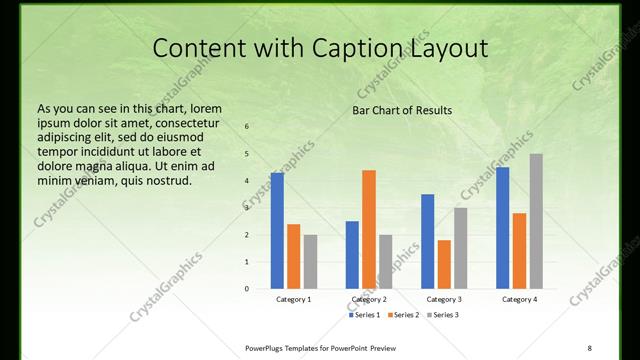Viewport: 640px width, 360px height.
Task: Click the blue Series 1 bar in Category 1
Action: pyautogui.click(x=277, y=231)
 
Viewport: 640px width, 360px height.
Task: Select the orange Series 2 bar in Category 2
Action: pyautogui.click(x=369, y=229)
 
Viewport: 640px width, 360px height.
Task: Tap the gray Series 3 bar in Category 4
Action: pyautogui.click(x=536, y=221)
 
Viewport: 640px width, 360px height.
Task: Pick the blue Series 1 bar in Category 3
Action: pyautogui.click(x=428, y=241)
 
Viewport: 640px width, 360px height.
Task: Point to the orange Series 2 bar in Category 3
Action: pyautogui.click(x=444, y=264)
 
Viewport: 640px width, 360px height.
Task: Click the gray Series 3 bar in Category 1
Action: pyautogui.click(x=310, y=262)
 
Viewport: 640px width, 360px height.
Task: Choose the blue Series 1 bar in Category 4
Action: pyautogui.click(x=503, y=228)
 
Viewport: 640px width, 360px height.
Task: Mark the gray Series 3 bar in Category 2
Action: pyautogui.click(x=385, y=262)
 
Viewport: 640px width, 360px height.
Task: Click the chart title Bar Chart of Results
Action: pyautogui.click(x=402, y=110)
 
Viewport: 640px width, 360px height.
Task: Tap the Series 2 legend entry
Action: pyautogui.click(x=403, y=316)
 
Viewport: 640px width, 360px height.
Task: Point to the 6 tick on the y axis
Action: pyautogui.click(x=248, y=127)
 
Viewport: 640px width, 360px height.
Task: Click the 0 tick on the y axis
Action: pyautogui.click(x=248, y=289)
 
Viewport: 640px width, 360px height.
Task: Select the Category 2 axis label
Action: pyautogui.click(x=369, y=299)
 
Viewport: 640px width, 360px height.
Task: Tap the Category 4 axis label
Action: pyautogui.click(x=519, y=299)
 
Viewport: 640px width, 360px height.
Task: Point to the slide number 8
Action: pyautogui.click(x=590, y=347)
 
